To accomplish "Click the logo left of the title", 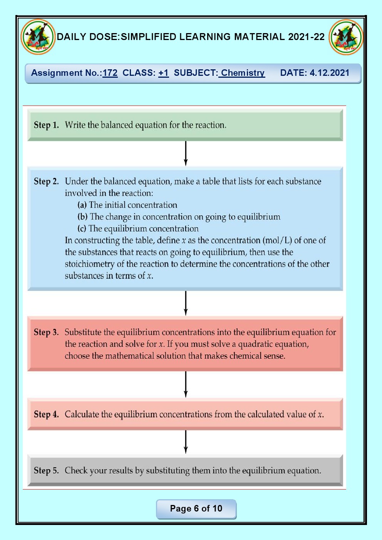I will (x=38, y=37).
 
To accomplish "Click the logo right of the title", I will (x=346, y=37).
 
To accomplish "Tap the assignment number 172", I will (x=110, y=73).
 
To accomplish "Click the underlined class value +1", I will (x=163, y=73).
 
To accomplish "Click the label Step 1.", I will (x=46, y=125).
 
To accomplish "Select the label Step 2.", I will (x=46, y=181).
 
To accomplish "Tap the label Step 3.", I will (x=46, y=332).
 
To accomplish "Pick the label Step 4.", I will (x=46, y=415).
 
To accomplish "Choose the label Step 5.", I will (x=46, y=470).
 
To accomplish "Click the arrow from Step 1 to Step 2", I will (x=186, y=154).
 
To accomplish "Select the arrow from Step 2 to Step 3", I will (x=186, y=303).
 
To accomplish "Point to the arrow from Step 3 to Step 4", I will (x=186, y=384).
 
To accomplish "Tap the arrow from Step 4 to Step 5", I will (x=186, y=441).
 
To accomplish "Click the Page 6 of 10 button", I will (x=196, y=509).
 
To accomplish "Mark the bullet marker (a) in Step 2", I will (x=82, y=205).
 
